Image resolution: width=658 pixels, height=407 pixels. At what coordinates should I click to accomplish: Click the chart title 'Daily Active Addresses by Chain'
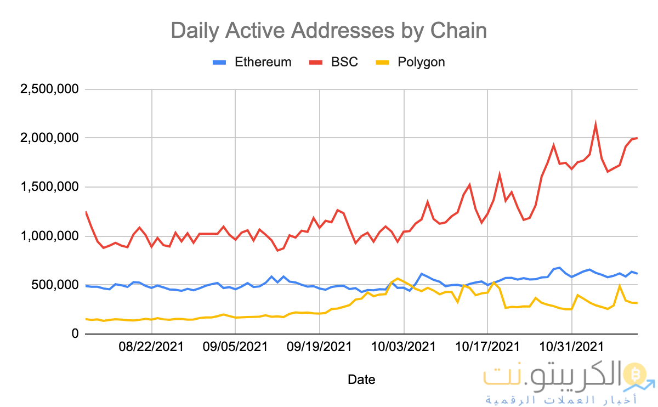point(328,30)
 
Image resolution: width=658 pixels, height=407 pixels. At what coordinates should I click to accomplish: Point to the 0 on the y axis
point(75,334)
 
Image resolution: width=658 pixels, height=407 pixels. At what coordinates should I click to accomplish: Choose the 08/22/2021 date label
point(151,347)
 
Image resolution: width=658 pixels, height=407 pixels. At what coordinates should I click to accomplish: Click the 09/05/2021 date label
point(235,347)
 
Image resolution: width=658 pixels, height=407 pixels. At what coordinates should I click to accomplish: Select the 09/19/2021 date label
point(320,347)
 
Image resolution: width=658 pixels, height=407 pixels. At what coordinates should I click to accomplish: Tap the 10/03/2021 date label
point(404,347)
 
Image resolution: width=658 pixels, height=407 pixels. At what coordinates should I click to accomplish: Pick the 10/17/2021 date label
point(487,347)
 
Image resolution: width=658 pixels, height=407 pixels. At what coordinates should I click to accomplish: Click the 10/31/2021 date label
point(572,347)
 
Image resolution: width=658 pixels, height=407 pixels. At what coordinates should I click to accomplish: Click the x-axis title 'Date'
point(361,379)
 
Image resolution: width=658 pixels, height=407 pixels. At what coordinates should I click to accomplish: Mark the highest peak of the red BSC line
point(595,125)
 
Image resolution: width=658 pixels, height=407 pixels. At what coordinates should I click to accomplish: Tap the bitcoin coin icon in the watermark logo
point(637,374)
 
